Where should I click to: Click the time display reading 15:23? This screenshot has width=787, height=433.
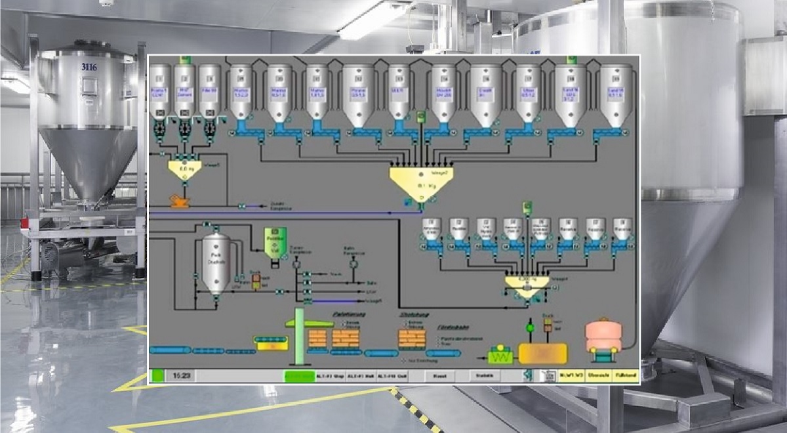182,376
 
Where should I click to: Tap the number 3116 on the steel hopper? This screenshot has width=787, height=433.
90,67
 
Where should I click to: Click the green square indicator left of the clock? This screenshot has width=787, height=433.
157,376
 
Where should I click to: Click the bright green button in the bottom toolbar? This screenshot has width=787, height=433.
300,376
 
